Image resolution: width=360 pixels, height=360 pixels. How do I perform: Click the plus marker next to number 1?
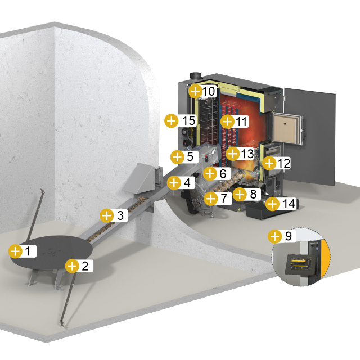tap(15, 251)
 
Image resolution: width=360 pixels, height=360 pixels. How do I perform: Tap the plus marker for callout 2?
tap(73, 266)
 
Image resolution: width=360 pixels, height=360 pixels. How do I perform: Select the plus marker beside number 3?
tap(107, 215)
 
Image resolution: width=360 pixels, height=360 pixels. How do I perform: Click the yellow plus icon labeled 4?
tap(174, 183)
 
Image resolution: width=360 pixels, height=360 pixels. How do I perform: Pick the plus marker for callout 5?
tap(178, 157)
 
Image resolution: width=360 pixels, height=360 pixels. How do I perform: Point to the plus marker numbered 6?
tap(210, 173)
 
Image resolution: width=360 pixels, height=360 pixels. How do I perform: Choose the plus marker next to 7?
tap(211, 199)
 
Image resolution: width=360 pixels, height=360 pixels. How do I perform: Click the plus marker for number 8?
tap(240, 194)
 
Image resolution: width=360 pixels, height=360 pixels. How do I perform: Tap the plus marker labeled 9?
tap(275, 236)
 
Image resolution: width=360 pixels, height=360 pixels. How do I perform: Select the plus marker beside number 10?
tap(195, 91)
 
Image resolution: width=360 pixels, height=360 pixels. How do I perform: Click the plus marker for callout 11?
tap(227, 121)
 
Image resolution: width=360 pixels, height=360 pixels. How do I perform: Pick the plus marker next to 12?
tap(269, 163)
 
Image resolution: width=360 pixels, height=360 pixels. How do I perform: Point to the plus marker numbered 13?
tap(233, 154)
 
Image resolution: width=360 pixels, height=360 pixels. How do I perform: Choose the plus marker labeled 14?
tap(273, 204)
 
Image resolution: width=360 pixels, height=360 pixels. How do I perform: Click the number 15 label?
tap(188, 120)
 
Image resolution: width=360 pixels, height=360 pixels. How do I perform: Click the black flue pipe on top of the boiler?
tap(196, 76)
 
